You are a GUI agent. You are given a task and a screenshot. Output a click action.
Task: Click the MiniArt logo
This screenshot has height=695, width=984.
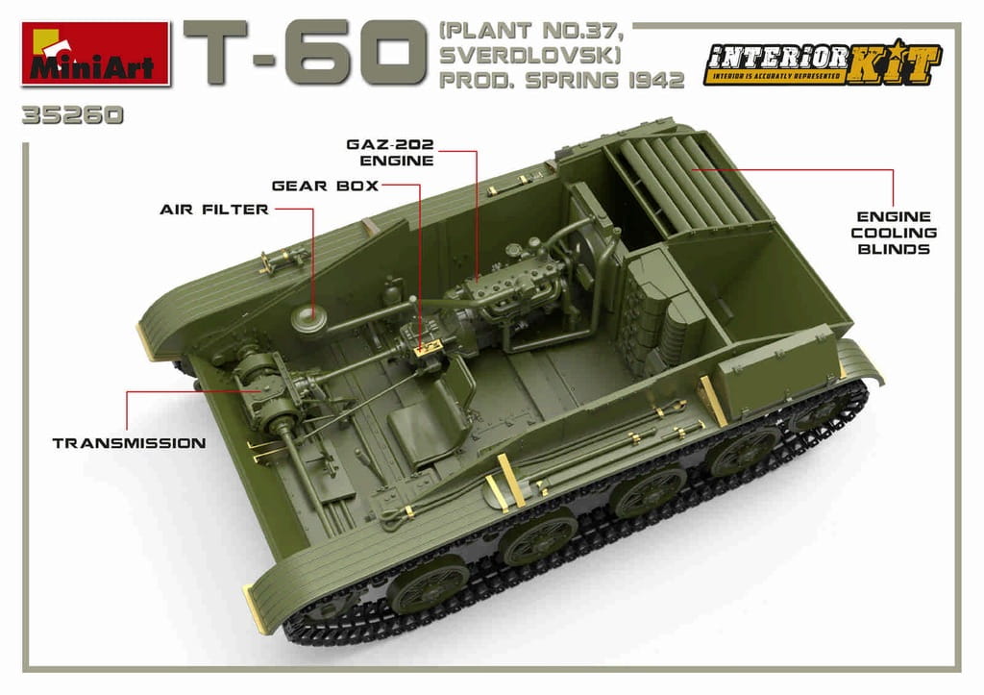point(95,54)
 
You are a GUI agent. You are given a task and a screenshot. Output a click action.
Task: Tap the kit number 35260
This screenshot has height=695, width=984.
point(72,116)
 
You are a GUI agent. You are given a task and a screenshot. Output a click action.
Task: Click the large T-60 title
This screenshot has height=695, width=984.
point(301,53)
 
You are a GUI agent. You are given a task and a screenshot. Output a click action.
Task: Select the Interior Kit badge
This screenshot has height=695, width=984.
point(823,62)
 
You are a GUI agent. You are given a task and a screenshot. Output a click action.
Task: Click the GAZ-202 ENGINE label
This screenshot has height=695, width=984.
point(390,153)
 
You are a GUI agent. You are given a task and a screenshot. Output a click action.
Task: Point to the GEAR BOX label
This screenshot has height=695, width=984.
point(325,186)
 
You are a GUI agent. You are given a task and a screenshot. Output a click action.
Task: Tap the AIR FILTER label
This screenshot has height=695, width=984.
point(214,210)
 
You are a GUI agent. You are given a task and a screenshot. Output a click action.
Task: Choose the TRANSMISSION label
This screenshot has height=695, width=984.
point(130,443)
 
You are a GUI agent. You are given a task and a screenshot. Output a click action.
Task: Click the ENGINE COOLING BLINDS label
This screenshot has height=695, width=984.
point(894,233)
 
